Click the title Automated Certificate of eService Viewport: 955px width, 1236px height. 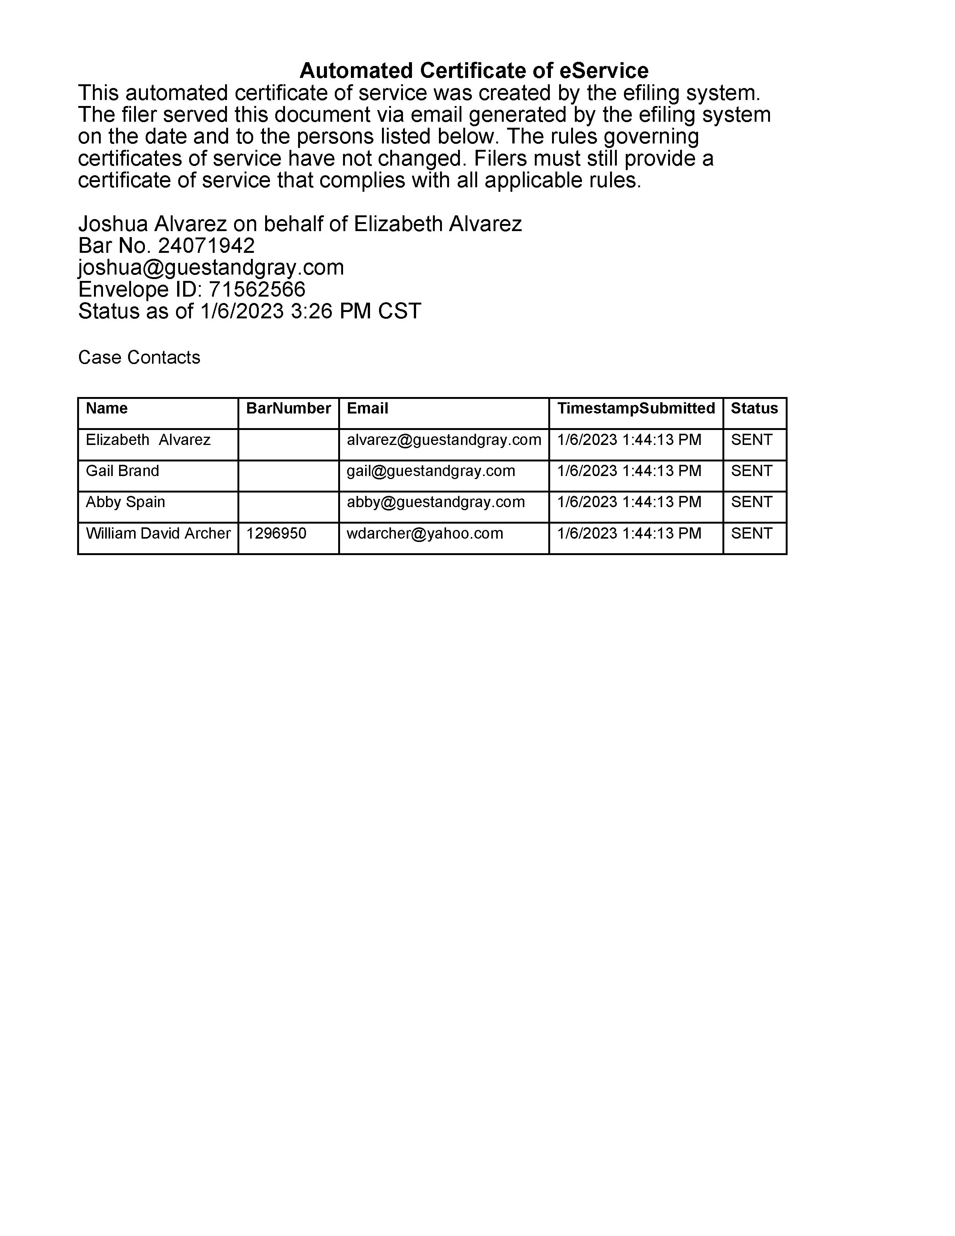[x=473, y=71]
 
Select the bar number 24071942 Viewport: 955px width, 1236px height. [x=206, y=246]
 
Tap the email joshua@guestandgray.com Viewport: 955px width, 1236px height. [x=211, y=267]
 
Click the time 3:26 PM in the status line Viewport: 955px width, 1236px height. [x=311, y=311]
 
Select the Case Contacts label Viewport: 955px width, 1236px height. [x=139, y=357]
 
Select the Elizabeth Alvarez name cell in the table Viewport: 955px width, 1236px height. [x=148, y=440]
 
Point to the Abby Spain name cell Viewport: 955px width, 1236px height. [x=125, y=502]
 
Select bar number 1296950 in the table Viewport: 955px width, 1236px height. [x=276, y=533]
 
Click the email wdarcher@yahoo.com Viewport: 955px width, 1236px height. [x=425, y=533]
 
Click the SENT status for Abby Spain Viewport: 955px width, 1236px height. [x=751, y=502]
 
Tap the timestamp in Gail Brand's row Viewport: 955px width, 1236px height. [x=629, y=471]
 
